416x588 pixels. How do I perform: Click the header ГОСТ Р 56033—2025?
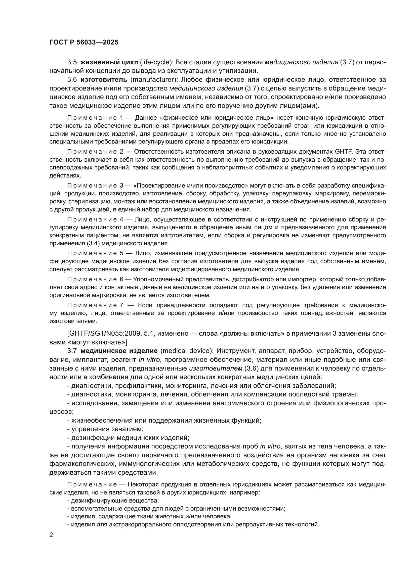pos(84,42)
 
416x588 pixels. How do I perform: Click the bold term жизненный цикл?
pos(109,62)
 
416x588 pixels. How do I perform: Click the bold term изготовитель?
pos(104,80)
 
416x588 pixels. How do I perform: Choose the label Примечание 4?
pos(95,219)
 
